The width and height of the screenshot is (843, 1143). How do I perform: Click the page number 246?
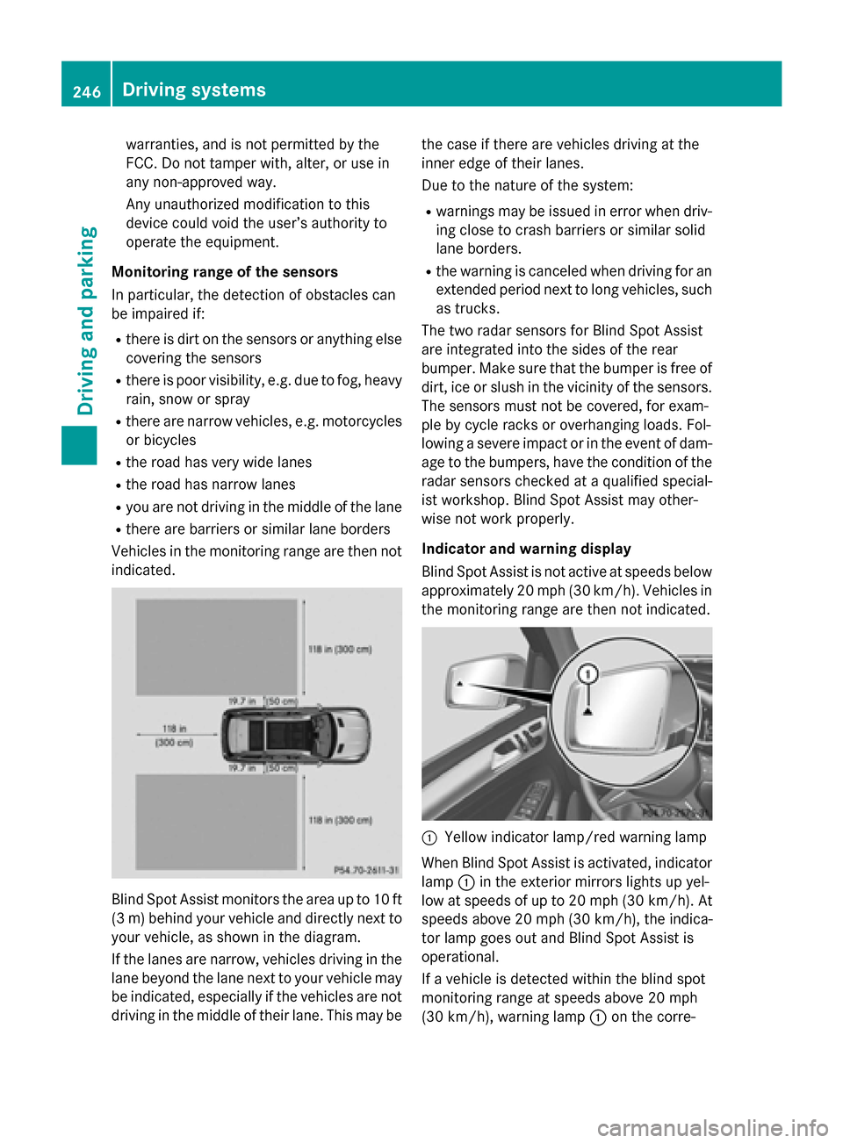87,91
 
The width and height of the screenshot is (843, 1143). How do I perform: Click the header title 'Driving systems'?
194,90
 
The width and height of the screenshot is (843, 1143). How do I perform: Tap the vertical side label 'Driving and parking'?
86,320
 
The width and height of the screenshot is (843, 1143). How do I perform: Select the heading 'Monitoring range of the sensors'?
225,272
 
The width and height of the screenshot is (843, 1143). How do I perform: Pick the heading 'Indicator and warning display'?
526,549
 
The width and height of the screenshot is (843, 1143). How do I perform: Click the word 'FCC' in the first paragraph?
140,163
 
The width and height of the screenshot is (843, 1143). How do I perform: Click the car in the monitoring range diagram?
295,734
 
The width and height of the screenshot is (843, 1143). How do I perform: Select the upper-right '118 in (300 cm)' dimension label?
340,650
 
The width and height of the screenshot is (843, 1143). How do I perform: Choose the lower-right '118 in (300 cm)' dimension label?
340,820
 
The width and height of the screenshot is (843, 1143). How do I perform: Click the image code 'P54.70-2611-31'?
366,869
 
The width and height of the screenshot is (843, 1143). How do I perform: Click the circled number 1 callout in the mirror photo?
588,674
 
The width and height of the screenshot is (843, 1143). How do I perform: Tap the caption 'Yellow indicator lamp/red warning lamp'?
575,837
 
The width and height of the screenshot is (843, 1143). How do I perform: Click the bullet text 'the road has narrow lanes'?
211,485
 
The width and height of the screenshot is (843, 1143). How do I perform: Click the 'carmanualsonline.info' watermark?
712,1127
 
